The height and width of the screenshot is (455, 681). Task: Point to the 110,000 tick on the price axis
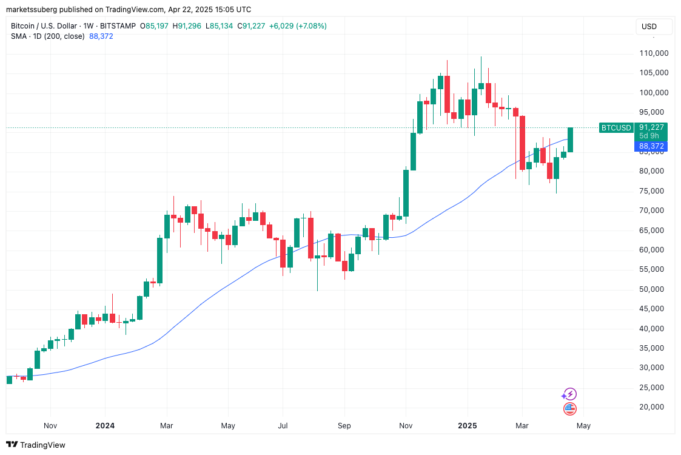(654, 53)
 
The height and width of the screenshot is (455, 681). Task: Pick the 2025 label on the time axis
(468, 426)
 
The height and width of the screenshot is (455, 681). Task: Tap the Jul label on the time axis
(283, 426)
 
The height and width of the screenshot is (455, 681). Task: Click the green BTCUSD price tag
(616, 127)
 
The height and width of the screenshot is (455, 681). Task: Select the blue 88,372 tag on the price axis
(652, 146)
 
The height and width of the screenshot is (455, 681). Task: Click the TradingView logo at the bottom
(36, 445)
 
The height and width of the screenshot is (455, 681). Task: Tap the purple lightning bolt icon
(569, 394)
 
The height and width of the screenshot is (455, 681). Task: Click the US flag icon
(569, 409)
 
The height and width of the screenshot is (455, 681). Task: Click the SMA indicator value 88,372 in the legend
(101, 36)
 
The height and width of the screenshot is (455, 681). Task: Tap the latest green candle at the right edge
(570, 140)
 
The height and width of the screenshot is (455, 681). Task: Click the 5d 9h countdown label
(649, 136)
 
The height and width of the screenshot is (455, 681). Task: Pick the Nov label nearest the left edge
(50, 426)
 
